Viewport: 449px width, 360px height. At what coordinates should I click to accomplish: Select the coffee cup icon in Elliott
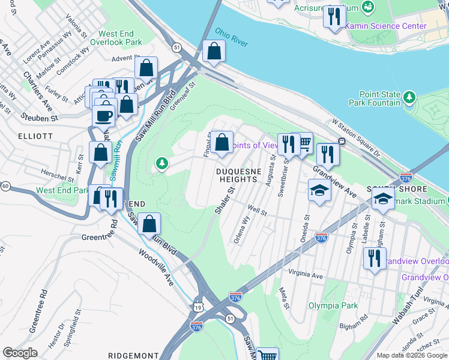coord(103,115)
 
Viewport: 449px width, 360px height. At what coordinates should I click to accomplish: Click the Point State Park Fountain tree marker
coord(409,97)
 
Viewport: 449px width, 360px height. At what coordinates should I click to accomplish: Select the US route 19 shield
coord(197,307)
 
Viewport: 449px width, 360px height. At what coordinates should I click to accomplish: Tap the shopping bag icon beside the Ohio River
coord(213,52)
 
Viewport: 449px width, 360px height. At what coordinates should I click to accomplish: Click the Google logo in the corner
coord(20,353)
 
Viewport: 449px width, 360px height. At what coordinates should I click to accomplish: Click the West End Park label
coord(62,190)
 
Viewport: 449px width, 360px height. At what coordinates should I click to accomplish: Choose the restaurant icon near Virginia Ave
coord(375,259)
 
